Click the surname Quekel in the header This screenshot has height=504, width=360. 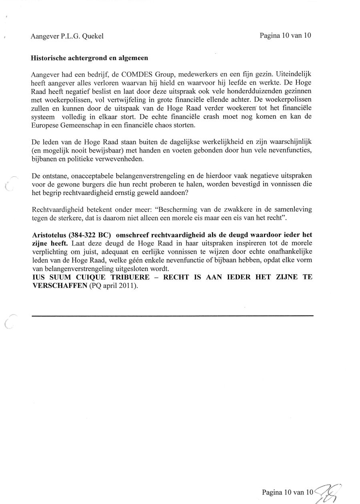93,36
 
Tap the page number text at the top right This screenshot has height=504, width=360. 285,35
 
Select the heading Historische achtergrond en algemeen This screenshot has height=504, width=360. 89,58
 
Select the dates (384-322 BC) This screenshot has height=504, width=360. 91,235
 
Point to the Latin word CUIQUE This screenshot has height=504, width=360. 91,277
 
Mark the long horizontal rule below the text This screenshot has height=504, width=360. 172,316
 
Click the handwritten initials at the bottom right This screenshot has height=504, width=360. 329,493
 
